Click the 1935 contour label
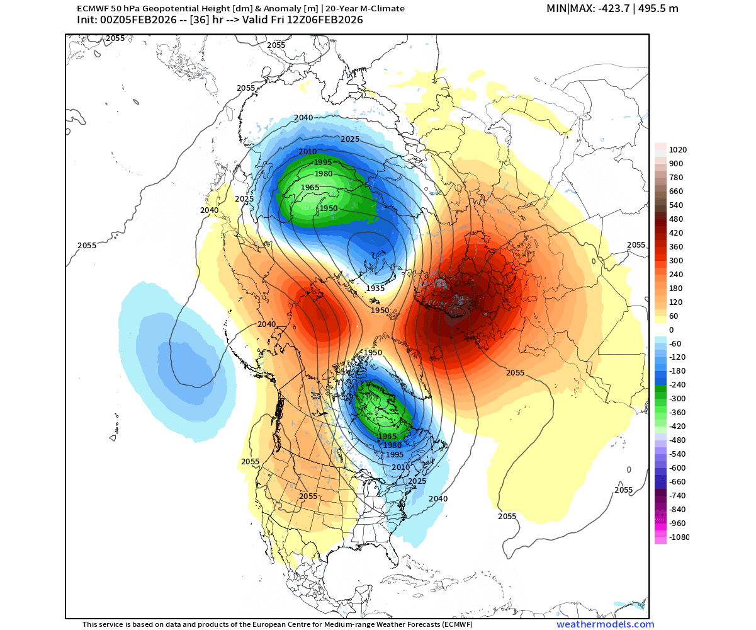(375, 288)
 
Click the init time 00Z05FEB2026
(135, 20)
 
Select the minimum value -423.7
(601, 8)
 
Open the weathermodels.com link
(605, 624)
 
